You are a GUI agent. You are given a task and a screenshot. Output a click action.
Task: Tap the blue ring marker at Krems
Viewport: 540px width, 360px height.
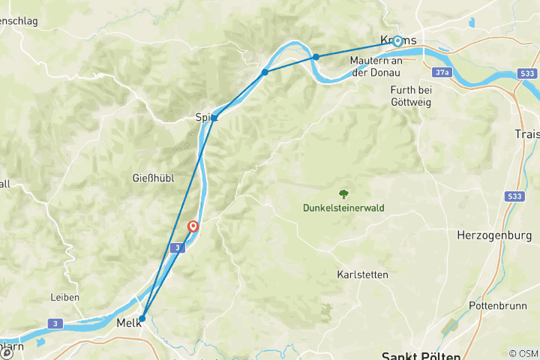pos(397,42)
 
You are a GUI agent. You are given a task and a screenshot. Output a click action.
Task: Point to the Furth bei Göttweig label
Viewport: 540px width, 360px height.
pos(410,96)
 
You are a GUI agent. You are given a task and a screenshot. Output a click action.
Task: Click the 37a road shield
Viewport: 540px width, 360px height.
pos(442,72)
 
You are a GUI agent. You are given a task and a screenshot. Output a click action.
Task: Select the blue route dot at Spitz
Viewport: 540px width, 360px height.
pos(214,118)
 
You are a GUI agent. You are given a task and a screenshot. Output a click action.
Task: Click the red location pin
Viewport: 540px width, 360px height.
pos(193,226)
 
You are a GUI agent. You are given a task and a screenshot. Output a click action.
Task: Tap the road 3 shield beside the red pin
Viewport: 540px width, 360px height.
pos(175,247)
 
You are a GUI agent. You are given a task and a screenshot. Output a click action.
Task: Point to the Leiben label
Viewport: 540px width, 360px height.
pos(64,297)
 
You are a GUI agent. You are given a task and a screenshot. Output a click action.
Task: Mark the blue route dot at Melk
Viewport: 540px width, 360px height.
pos(142,319)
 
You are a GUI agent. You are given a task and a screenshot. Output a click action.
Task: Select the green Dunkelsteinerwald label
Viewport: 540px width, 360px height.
pos(343,208)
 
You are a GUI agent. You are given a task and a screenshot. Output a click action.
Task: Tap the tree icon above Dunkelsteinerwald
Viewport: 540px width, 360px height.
pos(344,193)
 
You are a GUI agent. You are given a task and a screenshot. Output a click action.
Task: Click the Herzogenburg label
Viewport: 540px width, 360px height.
pos(494,235)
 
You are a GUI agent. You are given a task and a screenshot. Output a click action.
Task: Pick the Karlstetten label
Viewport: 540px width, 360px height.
pos(362,274)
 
